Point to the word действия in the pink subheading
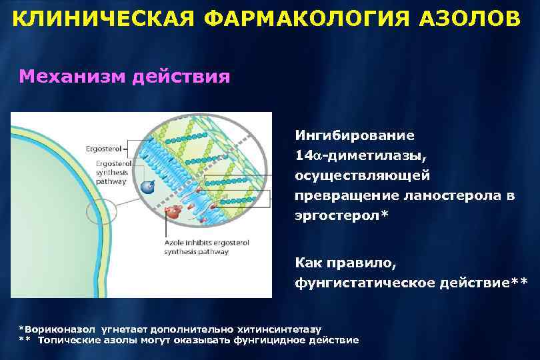[181, 76]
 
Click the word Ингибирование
[355, 135]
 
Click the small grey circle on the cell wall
[101, 213]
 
